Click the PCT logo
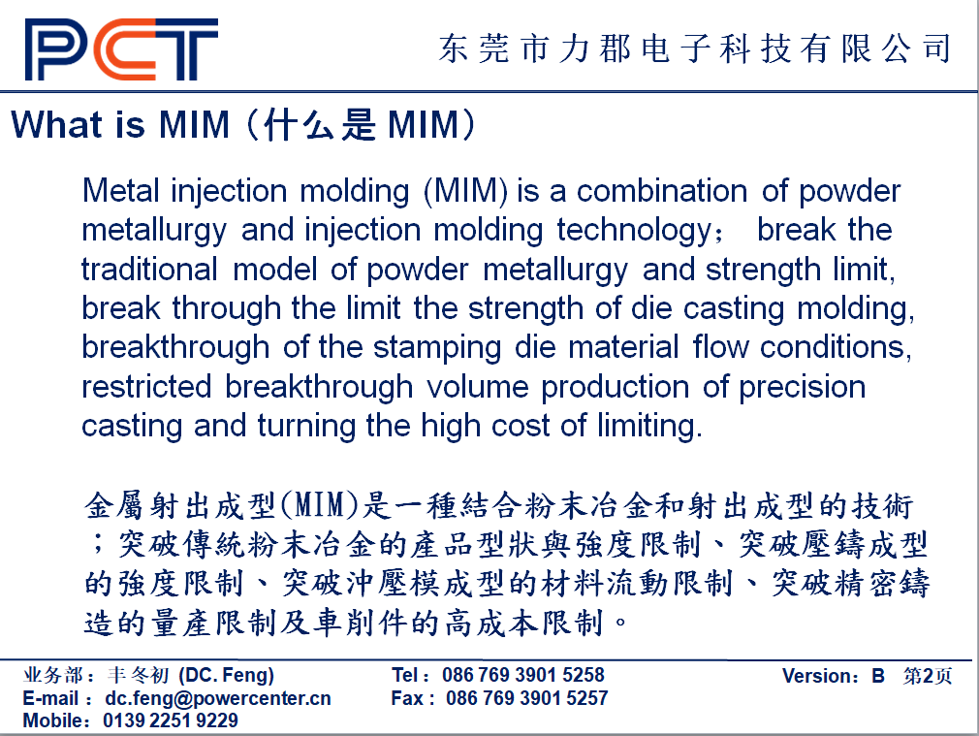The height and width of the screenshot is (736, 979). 122,49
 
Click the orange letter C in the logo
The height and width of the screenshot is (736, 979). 125,49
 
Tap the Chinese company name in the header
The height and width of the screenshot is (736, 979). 695,48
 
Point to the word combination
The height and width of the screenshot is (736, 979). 661,191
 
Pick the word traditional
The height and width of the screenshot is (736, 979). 149,270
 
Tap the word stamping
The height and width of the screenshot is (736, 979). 437,348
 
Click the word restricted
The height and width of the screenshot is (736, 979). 146,387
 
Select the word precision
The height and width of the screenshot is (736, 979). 803,387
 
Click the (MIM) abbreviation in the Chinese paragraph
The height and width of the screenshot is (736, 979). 320,505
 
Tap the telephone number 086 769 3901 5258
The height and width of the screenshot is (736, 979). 523,675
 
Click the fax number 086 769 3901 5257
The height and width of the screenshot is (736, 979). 527,698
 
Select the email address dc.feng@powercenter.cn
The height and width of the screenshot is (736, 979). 218,698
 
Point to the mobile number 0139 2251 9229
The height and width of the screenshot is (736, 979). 171,720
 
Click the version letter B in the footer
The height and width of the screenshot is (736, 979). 878,676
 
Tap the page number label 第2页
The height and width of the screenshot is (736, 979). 928,676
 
